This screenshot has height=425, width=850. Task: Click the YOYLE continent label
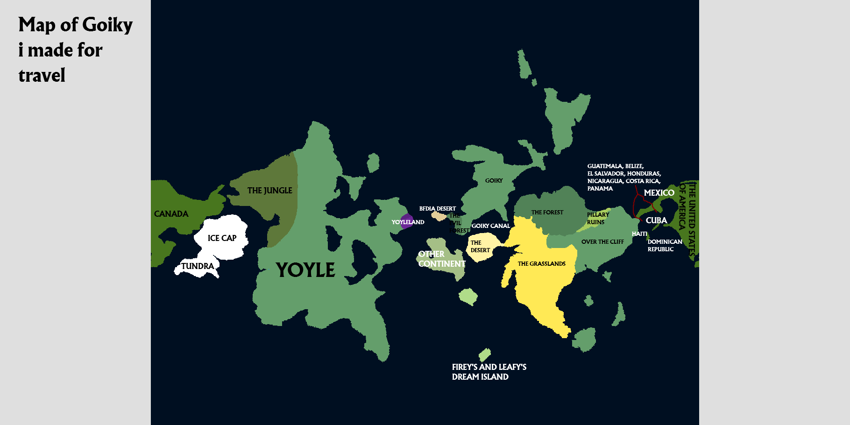point(305,270)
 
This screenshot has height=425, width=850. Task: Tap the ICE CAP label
point(222,238)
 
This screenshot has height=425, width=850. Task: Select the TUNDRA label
point(198,266)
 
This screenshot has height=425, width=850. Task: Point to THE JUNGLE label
point(269,191)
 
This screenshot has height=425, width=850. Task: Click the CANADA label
point(171,214)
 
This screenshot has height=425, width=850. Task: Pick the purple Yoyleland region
point(407,221)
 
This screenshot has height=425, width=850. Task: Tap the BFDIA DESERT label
point(437,209)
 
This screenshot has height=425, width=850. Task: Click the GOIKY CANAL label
point(490,226)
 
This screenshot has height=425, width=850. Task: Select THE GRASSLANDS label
point(541,264)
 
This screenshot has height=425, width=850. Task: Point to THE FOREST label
point(547,212)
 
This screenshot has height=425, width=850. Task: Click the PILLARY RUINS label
point(597,219)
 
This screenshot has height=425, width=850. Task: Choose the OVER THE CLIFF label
point(602,242)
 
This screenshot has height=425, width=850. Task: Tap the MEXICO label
point(659,193)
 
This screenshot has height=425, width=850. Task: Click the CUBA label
point(656,220)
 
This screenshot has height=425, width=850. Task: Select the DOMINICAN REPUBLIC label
point(664,246)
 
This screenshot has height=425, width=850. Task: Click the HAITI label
point(639,234)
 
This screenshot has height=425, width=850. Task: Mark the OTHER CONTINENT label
point(441,259)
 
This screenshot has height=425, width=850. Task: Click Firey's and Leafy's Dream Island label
point(489,372)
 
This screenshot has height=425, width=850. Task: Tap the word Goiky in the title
point(107,25)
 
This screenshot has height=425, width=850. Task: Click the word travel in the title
point(42,76)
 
